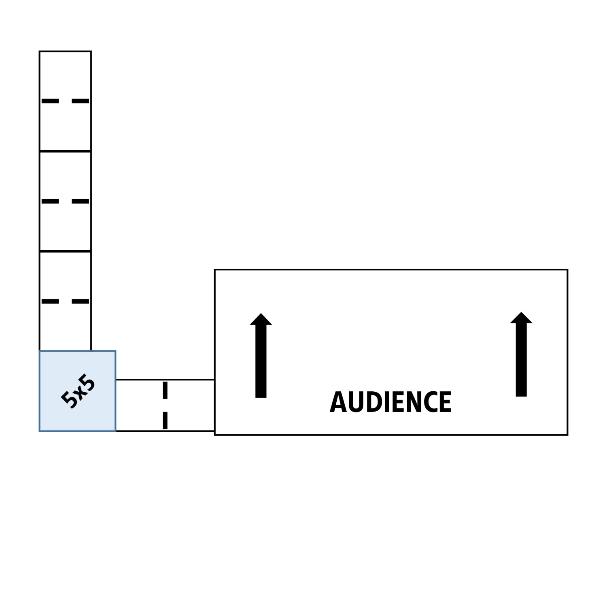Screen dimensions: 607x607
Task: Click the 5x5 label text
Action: [x=78, y=391]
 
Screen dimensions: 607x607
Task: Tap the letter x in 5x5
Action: [x=79, y=392]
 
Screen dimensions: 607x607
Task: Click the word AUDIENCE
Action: [x=391, y=402]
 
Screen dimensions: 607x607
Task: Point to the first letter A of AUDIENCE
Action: [x=337, y=402]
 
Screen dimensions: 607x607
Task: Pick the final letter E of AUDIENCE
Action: [x=445, y=402]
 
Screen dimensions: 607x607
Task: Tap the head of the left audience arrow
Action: [x=261, y=319]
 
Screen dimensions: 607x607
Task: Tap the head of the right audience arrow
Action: [x=521, y=318]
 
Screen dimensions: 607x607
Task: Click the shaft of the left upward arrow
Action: [x=261, y=361]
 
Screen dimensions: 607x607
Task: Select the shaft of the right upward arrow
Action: [x=521, y=360]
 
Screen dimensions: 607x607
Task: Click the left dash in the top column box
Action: [x=50, y=101]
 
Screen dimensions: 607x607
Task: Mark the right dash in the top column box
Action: [x=80, y=101]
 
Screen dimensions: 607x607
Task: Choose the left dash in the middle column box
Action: [x=50, y=201]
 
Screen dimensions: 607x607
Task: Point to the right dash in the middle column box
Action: [x=80, y=201]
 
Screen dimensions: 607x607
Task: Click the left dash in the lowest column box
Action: [x=50, y=301]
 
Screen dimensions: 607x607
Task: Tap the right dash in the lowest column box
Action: [x=80, y=301]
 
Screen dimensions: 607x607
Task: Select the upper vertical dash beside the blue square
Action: [x=165, y=390]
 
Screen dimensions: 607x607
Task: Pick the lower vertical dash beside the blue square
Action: [x=165, y=420]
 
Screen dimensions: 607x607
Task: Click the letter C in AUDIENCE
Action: [x=431, y=402]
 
